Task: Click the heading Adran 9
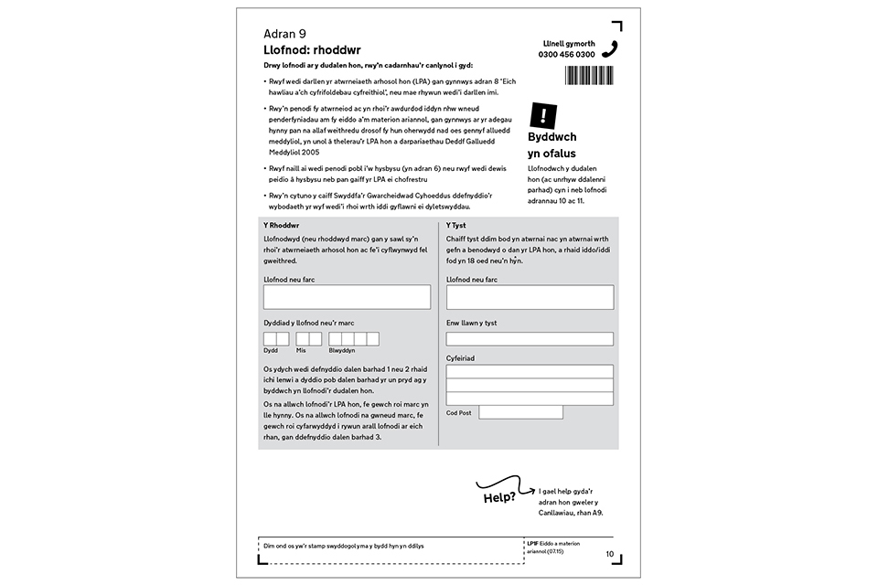[284, 34]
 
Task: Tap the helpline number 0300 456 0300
[567, 55]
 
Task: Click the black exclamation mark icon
[543, 114]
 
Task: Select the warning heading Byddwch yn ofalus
[552, 145]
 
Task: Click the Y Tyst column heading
[456, 225]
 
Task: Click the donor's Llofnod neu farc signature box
[347, 297]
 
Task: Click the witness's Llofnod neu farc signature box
[530, 297]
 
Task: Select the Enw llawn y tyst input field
[530, 339]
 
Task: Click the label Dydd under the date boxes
[271, 350]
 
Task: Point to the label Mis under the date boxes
[301, 350]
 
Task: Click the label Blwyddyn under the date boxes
[342, 350]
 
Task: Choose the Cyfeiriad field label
[460, 358]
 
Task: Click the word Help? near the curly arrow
[499, 499]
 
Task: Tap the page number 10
[610, 554]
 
